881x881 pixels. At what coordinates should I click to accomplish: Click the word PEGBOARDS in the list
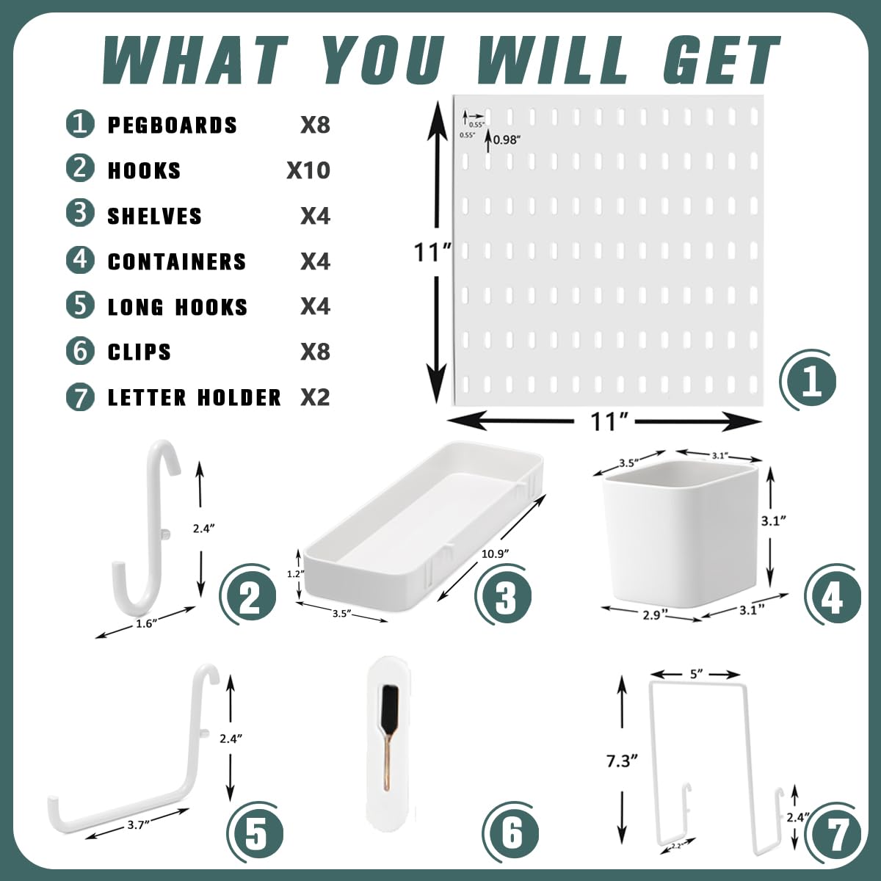pyautogui.click(x=173, y=126)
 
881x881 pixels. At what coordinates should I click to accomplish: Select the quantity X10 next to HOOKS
pyautogui.click(x=308, y=170)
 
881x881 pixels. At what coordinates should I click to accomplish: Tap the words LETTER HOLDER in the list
pyautogui.click(x=195, y=398)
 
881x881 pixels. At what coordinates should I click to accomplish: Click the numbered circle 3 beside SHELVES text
pyautogui.click(x=80, y=214)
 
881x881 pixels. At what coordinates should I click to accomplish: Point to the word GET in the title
pyautogui.click(x=719, y=61)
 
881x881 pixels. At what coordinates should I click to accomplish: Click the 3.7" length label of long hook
pyautogui.click(x=136, y=824)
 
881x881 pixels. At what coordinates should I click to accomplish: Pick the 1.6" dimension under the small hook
pyautogui.click(x=147, y=623)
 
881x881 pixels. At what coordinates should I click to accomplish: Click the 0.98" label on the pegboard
pyautogui.click(x=506, y=140)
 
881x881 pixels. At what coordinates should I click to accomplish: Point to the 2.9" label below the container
pyautogui.click(x=652, y=615)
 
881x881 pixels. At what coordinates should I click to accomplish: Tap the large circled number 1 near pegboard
pyautogui.click(x=811, y=382)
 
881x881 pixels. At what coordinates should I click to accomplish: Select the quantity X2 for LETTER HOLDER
pyautogui.click(x=315, y=398)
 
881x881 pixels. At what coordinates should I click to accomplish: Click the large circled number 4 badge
pyautogui.click(x=833, y=597)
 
